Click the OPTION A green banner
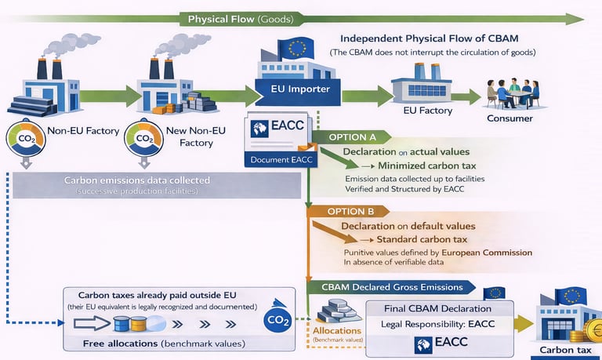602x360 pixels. [348, 136]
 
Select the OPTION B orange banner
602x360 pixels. [348, 211]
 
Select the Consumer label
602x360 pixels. [510, 119]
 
